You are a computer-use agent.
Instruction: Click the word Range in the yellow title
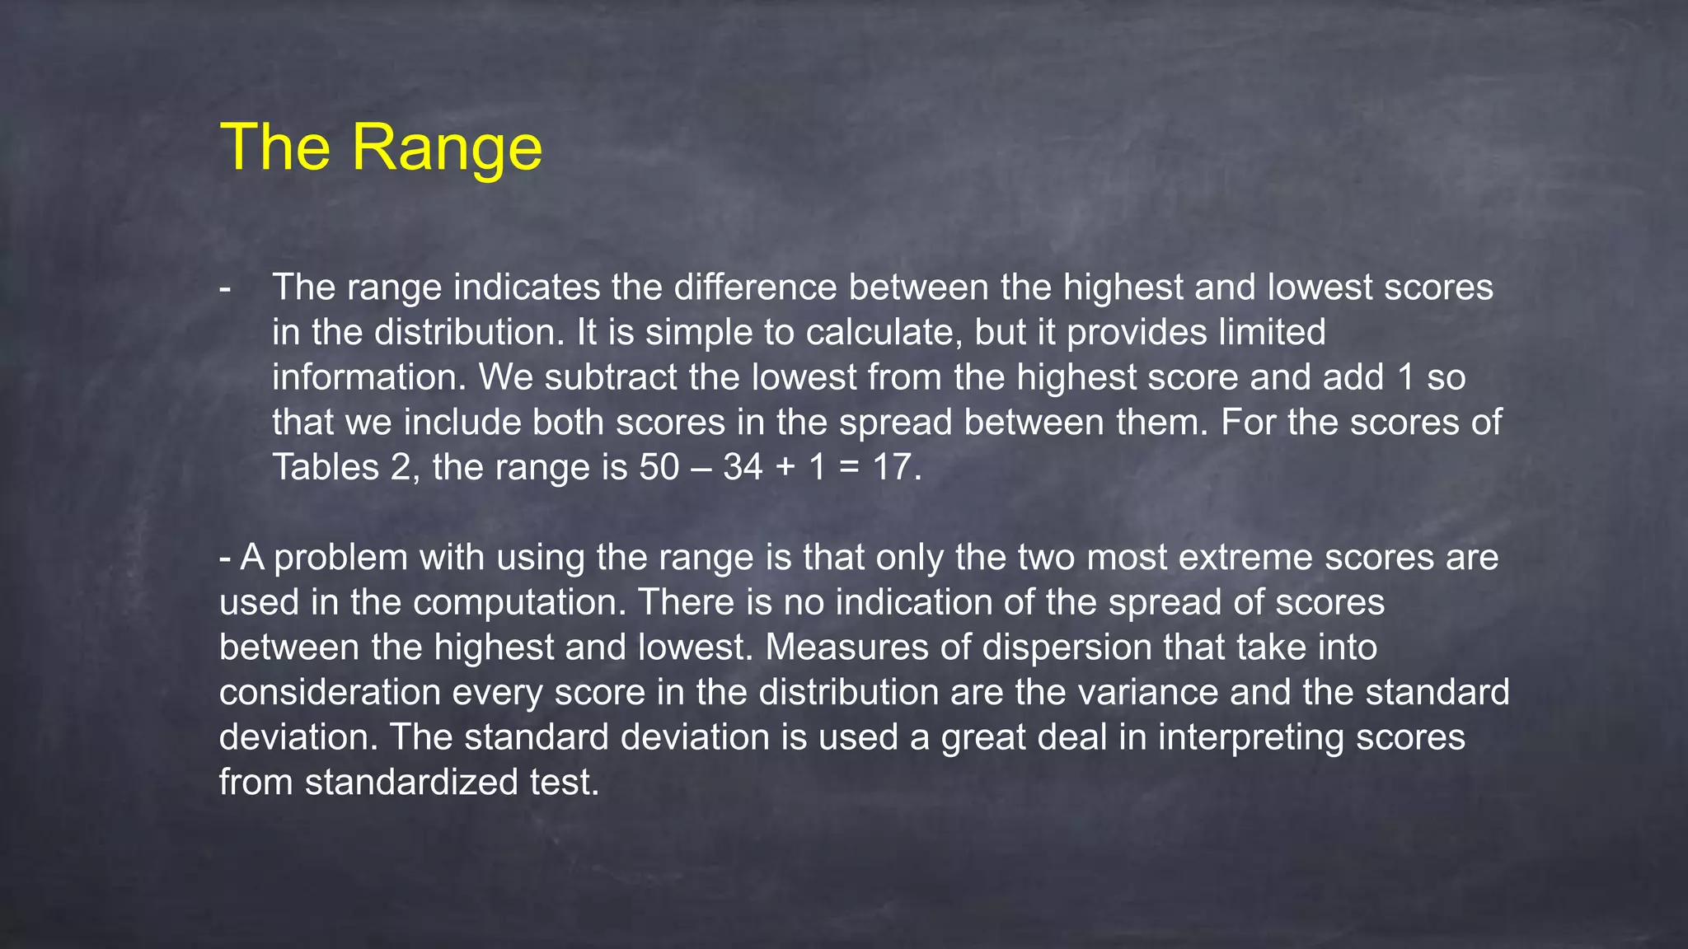[447, 148]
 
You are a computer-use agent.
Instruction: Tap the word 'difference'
[755, 288]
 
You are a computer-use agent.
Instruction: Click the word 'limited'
[1273, 333]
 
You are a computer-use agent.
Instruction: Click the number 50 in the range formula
[659, 467]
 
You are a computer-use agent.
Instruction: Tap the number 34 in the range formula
[743, 467]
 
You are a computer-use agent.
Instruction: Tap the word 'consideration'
[330, 692]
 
